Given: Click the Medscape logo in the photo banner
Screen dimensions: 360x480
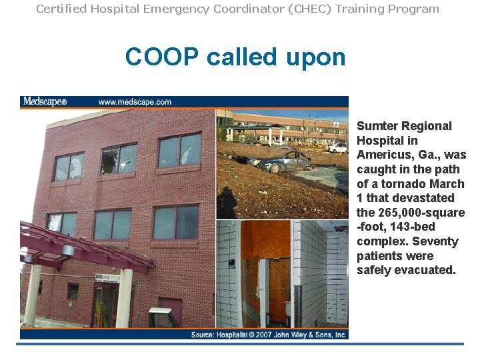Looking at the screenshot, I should point(45,102).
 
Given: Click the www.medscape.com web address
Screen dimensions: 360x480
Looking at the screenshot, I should point(135,102).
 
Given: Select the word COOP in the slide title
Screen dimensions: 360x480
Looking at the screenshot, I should point(162,57).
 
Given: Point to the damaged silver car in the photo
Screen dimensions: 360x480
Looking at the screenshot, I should point(287,162).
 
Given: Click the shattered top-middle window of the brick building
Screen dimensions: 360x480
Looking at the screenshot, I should point(119,159).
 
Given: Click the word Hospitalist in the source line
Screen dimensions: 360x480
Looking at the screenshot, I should point(237,335).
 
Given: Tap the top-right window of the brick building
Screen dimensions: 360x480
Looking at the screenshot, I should point(179,150).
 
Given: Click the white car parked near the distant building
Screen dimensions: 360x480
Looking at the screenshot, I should point(339,147).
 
